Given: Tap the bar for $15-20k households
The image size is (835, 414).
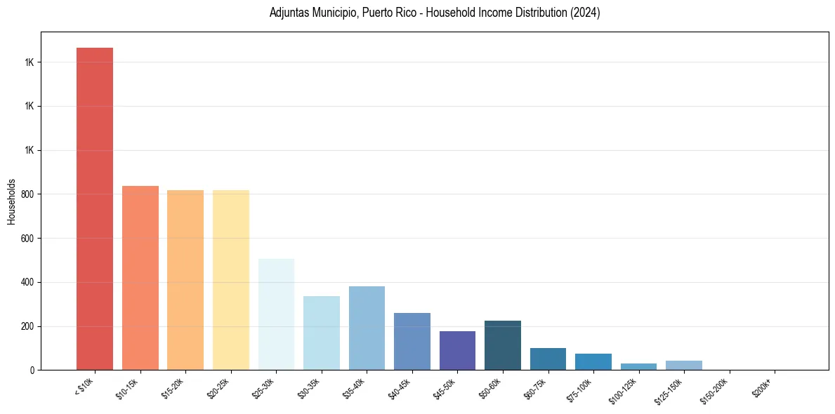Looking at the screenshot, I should [185, 280].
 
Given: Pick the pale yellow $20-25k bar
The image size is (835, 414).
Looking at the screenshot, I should [231, 280].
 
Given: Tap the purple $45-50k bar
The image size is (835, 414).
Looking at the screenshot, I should [457, 350].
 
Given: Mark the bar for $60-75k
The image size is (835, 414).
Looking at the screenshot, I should [548, 359].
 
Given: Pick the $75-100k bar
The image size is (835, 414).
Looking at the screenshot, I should [593, 361].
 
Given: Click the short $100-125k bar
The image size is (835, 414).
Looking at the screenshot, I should [638, 366].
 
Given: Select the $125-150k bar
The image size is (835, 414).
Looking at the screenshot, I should [684, 365].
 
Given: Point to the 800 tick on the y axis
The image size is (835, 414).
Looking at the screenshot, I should [29, 194].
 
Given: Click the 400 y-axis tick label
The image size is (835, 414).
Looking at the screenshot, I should [29, 282].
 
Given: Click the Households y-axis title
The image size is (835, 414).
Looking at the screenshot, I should [11, 201].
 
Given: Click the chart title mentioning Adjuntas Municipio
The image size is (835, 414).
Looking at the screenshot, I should [435, 13].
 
